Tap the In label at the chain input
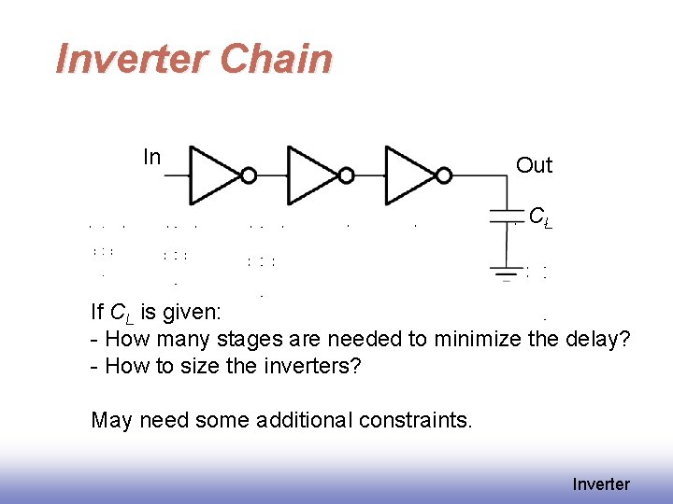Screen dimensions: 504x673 click(151, 157)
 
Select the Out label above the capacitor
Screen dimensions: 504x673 click(534, 165)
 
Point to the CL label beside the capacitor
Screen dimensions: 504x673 click(539, 217)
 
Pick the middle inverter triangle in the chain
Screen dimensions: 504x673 click(313, 174)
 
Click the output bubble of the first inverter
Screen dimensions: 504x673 click(250, 175)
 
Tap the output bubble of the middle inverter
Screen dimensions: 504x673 click(347, 175)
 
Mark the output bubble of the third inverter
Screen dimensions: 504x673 click(444, 175)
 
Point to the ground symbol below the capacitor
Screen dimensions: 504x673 click(506, 273)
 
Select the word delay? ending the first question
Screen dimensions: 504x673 click(598, 339)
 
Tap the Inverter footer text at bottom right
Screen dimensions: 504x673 click(601, 483)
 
